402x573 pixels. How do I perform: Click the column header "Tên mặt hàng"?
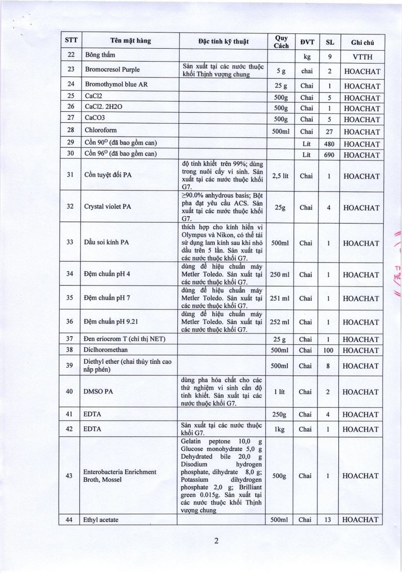pos(130,41)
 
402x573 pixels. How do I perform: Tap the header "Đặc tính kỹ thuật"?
pos(223,41)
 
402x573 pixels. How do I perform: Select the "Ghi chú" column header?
pos(362,42)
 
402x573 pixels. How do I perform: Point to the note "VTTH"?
pos(362,57)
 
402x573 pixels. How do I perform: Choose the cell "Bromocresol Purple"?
pos(112,70)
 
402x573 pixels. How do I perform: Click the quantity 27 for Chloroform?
pos(329,132)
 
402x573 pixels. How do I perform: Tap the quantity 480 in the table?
pos(329,144)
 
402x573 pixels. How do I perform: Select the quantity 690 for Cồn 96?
pos(329,155)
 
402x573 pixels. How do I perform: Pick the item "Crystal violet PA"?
pos(108,208)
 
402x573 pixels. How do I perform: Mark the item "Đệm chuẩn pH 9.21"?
pos(109,321)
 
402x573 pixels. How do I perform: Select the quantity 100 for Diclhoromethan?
pos(329,350)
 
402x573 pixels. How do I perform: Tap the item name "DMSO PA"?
pos(98,392)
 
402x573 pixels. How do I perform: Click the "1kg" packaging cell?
pos(280,429)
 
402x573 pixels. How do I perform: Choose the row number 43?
pos(70,476)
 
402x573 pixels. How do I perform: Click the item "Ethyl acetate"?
pos(101,520)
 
